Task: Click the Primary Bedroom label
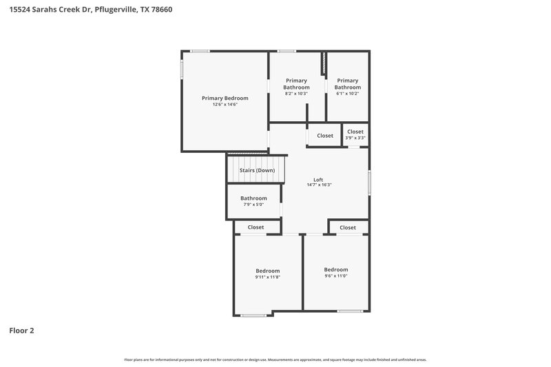point(225,98)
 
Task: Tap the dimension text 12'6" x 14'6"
point(225,105)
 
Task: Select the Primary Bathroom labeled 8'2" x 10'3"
point(297,84)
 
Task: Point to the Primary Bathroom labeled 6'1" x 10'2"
point(348,84)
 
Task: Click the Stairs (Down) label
point(257,170)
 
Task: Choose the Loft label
point(318,179)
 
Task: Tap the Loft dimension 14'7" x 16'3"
point(319,185)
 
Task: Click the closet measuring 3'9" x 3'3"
point(355,134)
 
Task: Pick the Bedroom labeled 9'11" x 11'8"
point(267,273)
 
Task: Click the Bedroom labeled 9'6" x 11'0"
point(336,272)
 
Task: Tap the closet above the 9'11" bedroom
point(256,227)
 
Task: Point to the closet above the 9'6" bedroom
point(348,227)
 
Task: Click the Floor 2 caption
point(21,331)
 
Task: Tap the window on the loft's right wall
point(369,182)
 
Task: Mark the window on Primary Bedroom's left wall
point(182,69)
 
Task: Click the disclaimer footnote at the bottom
point(275,359)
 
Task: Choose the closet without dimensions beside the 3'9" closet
point(325,136)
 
